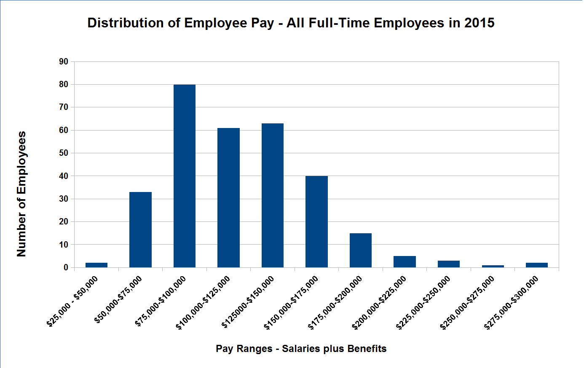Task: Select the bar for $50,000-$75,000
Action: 140,229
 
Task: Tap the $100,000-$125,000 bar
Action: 228,197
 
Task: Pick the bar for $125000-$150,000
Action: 273,195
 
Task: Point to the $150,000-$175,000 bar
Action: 316,221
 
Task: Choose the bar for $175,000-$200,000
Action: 361,250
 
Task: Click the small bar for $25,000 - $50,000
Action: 96,265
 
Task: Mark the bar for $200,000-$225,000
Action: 405,261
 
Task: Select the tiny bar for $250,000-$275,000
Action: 493,266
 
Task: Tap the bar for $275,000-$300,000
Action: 537,265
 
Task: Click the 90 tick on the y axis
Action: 64,62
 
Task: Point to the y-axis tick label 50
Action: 64,153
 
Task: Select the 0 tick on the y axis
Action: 66,267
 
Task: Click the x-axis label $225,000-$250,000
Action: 423,302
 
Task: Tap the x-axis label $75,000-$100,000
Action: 161,301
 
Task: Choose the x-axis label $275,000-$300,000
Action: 512,302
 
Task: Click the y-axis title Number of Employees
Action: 21,194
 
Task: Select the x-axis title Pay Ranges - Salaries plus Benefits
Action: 301,349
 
